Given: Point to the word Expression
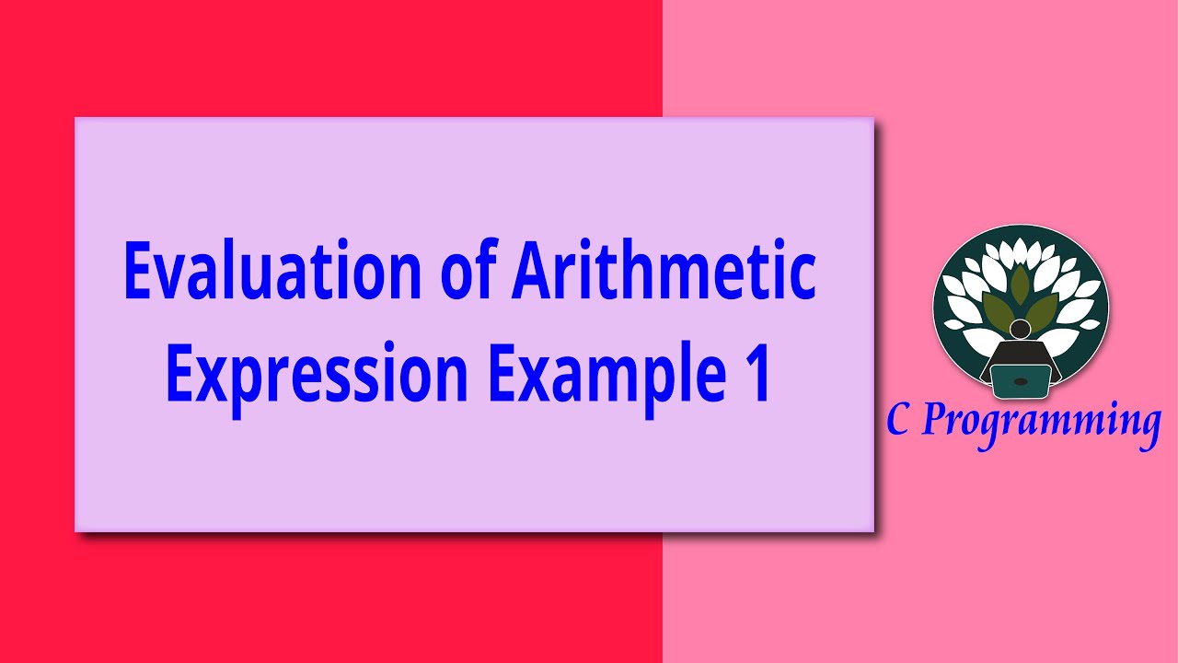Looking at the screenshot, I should [x=318, y=375].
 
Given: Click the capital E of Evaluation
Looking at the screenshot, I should [x=138, y=271].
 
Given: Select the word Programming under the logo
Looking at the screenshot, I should [x=1040, y=423].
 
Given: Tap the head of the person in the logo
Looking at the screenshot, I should [x=1020, y=329].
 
